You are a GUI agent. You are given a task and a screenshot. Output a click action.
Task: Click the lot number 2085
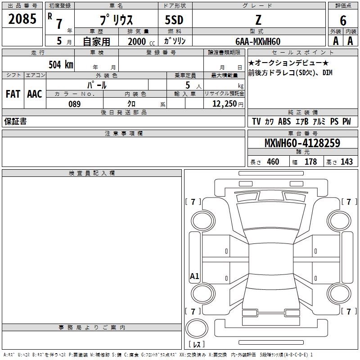click(22, 19)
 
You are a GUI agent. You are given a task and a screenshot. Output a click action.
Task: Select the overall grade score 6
click(343, 21)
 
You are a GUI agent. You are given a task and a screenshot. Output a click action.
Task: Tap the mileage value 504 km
click(61, 64)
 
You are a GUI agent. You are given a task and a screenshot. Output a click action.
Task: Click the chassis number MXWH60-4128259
click(302, 143)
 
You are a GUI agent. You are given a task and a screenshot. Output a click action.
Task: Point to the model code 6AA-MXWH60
click(258, 41)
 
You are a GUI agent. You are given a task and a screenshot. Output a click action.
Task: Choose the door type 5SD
click(174, 20)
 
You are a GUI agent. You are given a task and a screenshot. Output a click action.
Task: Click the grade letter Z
click(258, 20)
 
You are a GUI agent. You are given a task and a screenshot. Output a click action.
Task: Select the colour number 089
click(75, 104)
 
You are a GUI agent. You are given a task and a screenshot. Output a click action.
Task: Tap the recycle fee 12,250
click(225, 104)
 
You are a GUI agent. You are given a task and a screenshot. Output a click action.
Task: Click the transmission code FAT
click(13, 94)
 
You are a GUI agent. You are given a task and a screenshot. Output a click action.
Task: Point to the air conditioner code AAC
click(35, 94)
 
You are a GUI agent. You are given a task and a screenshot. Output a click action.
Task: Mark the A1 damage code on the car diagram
click(194, 276)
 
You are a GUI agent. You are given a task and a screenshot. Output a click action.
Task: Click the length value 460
click(273, 162)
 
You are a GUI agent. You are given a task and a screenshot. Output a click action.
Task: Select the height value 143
click(346, 162)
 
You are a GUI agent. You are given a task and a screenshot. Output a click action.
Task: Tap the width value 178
click(310, 162)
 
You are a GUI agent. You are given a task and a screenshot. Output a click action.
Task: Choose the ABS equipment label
click(284, 121)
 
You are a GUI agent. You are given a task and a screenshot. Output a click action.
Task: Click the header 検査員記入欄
click(92, 173)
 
